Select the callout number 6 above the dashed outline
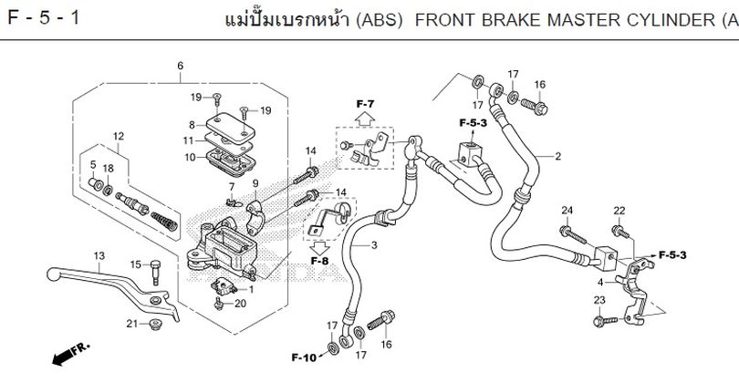coord(180,66)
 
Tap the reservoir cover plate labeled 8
coord(231,126)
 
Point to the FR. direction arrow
coord(70,354)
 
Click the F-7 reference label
coord(365,104)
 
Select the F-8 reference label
coord(319,261)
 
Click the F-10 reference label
coord(304,357)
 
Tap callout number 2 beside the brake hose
coord(558,156)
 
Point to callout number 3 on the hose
coord(374,245)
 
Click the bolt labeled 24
coord(573,234)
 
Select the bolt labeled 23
coord(606,321)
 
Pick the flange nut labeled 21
coord(155,324)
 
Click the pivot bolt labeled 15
coord(155,272)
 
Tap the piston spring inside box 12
coord(164,221)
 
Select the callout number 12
coord(119,136)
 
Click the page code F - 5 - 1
coord(44,18)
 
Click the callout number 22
coord(619,211)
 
